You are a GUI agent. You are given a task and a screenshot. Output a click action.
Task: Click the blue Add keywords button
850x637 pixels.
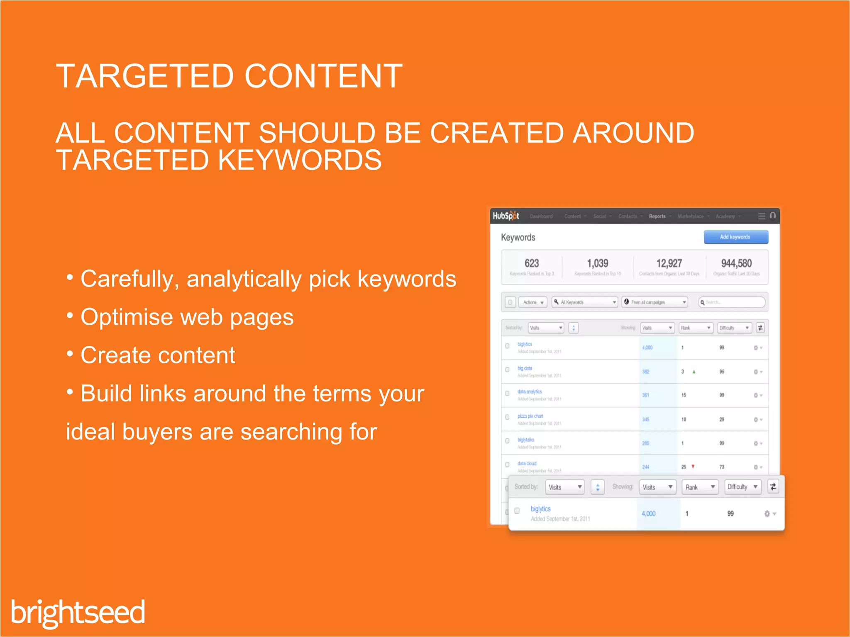[x=735, y=237]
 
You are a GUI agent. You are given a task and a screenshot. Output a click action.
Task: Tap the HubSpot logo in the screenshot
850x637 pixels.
[x=506, y=216]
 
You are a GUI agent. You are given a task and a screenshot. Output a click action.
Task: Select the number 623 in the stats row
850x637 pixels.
[x=532, y=263]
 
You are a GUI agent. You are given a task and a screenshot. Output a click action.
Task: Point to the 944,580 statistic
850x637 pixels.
[x=736, y=263]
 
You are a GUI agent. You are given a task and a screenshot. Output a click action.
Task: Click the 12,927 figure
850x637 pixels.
[x=669, y=263]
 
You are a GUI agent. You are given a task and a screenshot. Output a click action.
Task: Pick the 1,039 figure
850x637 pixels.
[x=597, y=263]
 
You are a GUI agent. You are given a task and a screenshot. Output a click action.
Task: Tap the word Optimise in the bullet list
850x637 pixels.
[x=127, y=317]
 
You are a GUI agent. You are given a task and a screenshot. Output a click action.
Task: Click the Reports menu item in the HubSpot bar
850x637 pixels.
[x=657, y=216]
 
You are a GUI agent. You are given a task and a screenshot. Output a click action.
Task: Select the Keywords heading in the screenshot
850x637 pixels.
[x=518, y=238]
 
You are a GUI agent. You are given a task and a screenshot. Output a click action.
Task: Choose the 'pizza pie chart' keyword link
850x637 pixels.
[x=530, y=416]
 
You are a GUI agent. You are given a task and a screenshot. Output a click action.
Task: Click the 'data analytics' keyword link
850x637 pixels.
[x=530, y=391]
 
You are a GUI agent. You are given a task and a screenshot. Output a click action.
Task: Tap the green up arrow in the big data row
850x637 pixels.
[x=694, y=372]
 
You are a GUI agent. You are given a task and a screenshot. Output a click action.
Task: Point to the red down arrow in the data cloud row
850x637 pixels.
[x=693, y=467]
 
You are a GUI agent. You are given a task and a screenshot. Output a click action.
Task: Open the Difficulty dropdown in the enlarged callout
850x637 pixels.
[x=743, y=487]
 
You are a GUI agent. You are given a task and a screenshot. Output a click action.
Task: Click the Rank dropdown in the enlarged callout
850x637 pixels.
[x=700, y=487]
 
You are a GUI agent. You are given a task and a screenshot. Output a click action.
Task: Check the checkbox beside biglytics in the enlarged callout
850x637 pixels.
[x=517, y=511]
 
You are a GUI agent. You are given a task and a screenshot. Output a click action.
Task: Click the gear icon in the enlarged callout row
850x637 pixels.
[x=767, y=514]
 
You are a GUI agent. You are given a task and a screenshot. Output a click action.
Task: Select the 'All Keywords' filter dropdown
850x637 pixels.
[x=585, y=302]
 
